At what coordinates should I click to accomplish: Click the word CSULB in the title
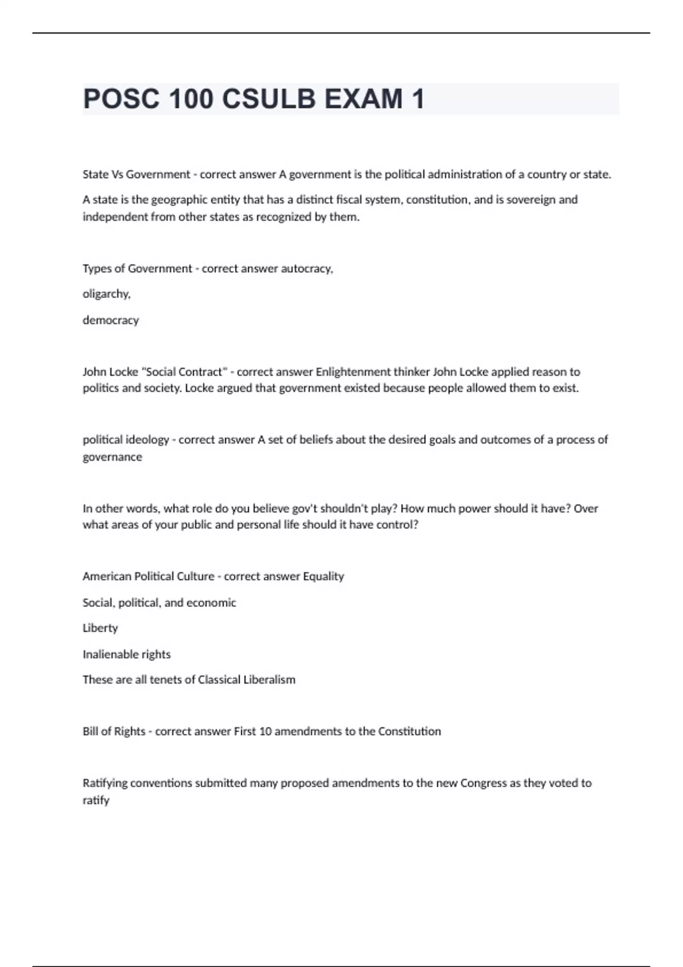click(268, 99)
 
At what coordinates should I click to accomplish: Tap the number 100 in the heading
click(191, 99)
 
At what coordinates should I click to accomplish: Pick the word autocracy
click(299, 269)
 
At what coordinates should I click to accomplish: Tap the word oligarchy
click(106, 294)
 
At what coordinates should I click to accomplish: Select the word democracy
click(110, 320)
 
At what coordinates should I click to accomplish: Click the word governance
click(112, 457)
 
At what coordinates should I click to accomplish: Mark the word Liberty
click(100, 628)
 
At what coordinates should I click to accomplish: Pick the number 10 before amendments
click(265, 732)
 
